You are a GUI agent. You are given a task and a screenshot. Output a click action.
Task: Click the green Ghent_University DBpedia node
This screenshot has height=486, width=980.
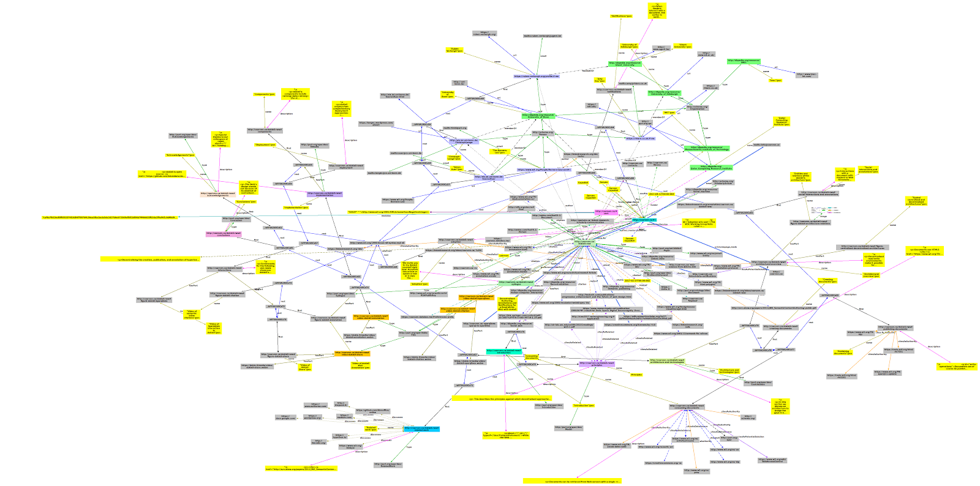coord(625,63)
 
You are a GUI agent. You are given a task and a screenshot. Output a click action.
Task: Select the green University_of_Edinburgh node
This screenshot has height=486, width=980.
coord(665,93)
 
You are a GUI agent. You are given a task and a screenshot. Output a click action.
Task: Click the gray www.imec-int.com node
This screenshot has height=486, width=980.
coord(806,75)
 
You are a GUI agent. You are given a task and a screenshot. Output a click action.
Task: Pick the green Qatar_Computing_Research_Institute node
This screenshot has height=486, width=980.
coord(710,166)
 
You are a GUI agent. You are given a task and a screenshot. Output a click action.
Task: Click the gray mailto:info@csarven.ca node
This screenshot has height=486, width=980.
coord(766,145)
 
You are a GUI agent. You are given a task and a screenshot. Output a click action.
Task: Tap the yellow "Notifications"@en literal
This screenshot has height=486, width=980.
coord(621,16)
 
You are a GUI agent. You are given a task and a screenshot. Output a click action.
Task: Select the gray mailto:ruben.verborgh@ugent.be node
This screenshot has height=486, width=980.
coord(542,36)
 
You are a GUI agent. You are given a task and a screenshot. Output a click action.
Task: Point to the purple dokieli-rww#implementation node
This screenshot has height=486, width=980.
coord(325,194)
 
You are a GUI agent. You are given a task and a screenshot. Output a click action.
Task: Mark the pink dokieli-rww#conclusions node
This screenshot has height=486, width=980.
coord(223,234)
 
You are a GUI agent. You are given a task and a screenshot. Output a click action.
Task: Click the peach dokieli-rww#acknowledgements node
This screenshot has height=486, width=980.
coord(219,194)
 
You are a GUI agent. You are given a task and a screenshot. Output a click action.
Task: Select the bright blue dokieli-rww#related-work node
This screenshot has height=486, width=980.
coord(421,428)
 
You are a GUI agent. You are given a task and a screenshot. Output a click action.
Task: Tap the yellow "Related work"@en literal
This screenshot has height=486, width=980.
coord(371,428)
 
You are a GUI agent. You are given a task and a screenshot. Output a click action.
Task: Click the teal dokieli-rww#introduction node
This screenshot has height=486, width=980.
coord(503,352)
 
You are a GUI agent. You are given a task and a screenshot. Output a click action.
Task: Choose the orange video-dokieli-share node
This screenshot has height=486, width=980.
coord(352,354)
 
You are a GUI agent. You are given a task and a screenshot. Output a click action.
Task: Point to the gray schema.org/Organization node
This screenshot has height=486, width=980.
coord(697,108)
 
